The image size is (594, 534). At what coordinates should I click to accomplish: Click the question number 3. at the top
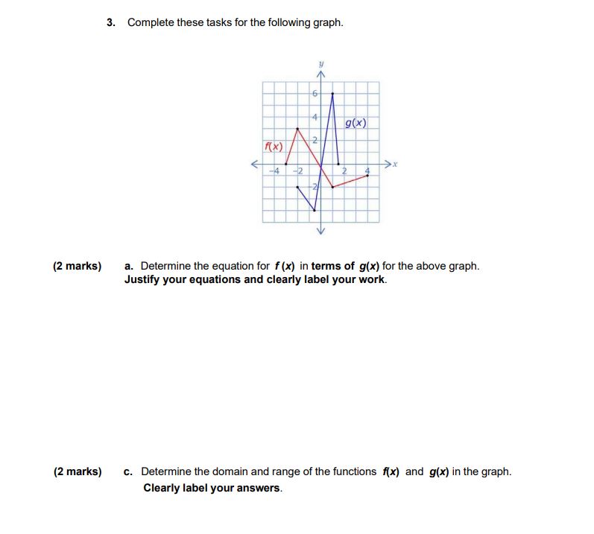click(111, 22)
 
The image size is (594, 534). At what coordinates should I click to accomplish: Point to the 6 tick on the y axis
click(315, 94)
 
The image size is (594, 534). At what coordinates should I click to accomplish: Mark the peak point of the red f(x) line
click(298, 128)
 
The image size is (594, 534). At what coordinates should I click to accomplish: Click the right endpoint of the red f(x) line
click(367, 176)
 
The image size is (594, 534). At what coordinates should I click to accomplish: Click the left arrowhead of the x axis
click(255, 164)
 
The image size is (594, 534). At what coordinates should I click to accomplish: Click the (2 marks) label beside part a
click(77, 266)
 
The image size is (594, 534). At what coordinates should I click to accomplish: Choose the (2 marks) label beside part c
click(77, 471)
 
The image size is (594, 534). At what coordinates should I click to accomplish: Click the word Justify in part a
click(145, 280)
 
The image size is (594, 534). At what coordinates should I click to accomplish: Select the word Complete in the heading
click(151, 22)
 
